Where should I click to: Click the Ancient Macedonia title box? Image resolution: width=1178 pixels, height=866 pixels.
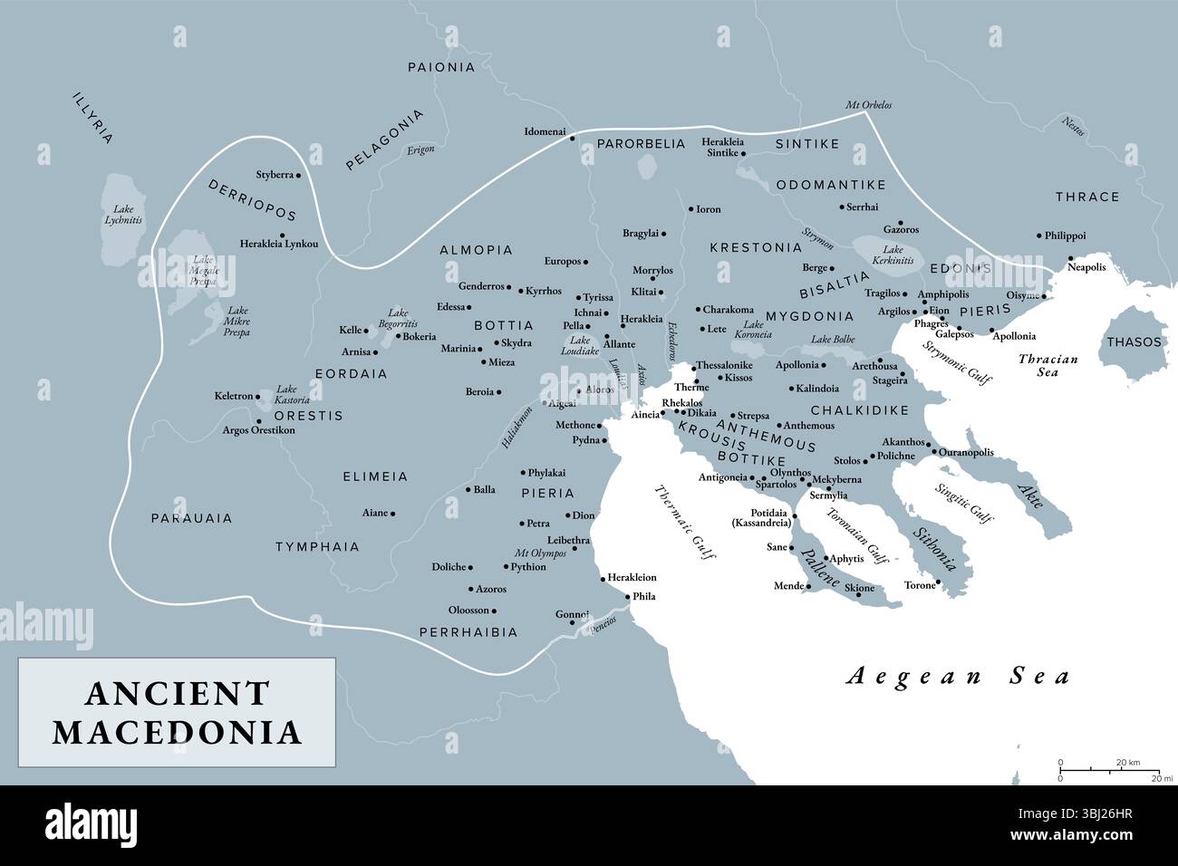tap(177, 713)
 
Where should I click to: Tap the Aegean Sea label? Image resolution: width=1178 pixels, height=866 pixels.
tap(958, 676)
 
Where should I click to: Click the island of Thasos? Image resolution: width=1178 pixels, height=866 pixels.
tap(1133, 342)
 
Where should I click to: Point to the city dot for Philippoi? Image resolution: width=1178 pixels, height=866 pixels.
tap(1039, 236)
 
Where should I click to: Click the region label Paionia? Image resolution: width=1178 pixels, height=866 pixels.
tap(441, 67)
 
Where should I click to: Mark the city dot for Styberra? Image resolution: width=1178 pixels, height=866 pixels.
tap(298, 174)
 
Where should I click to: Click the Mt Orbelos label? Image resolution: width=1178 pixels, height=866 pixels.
tap(868, 105)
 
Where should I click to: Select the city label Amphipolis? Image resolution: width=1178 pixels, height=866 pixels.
tap(943, 293)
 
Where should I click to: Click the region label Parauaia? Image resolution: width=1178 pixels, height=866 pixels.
tap(191, 518)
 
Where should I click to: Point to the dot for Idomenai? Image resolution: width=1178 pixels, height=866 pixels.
tap(572, 138)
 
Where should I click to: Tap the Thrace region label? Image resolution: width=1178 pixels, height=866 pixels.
tap(1086, 197)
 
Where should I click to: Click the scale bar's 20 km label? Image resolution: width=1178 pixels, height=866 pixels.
tap(1127, 762)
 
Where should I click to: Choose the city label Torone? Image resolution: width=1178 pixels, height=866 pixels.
tap(919, 585)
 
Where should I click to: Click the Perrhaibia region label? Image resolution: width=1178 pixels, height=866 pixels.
tap(468, 632)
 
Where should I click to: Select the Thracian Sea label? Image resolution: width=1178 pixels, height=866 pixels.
tap(1048, 365)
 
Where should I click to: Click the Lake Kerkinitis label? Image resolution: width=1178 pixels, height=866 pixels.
tap(892, 255)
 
